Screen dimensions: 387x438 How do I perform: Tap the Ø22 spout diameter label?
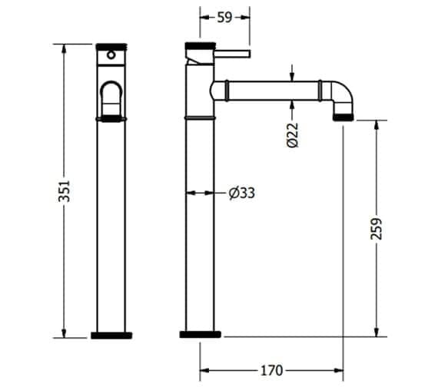pyautogui.click(x=293, y=135)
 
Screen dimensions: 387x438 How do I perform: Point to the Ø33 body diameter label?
pyautogui.click(x=241, y=193)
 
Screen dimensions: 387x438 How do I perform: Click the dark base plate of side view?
pyautogui.click(x=201, y=335)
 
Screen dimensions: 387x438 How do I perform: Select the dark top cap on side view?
pyautogui.click(x=200, y=45)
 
